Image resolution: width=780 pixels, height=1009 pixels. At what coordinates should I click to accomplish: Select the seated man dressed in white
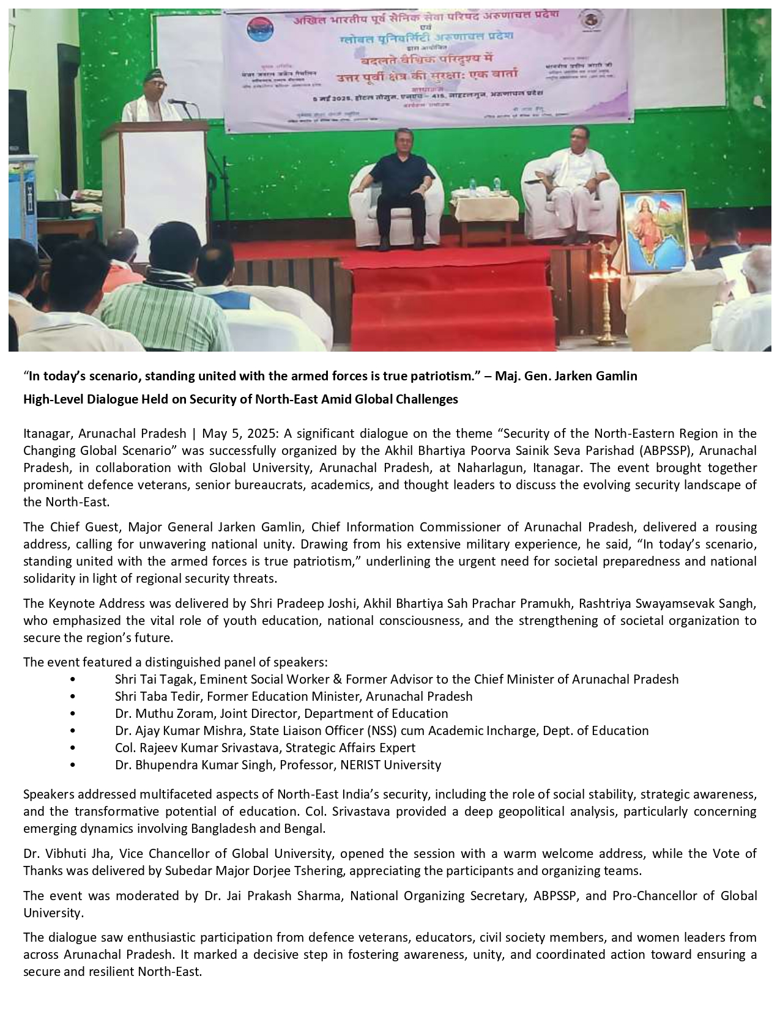pos(571,174)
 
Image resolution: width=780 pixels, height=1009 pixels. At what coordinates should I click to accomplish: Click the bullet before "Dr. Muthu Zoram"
pos(73,714)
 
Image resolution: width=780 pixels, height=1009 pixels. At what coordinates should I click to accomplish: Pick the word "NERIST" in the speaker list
pos(361,765)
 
